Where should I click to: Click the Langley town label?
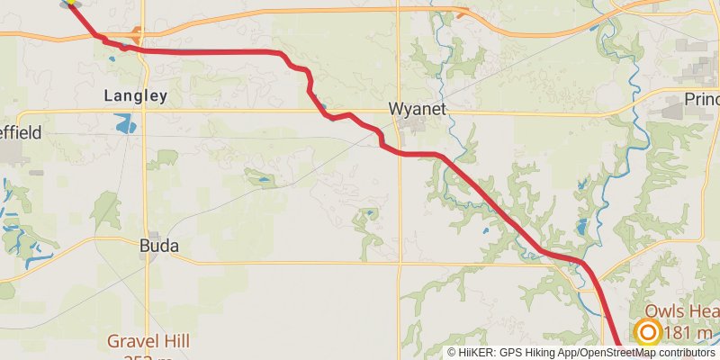135,94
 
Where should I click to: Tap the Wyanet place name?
417,108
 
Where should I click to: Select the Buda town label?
159,245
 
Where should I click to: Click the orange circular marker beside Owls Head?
648,332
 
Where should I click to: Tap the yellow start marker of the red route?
69,3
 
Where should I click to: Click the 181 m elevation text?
689,334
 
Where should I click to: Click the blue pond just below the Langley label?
126,123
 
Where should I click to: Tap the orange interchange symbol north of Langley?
136,37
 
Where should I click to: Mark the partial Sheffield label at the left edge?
20,132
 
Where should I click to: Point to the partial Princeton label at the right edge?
701,98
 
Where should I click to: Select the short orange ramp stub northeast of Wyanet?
462,13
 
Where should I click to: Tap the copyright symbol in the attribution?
453,352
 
